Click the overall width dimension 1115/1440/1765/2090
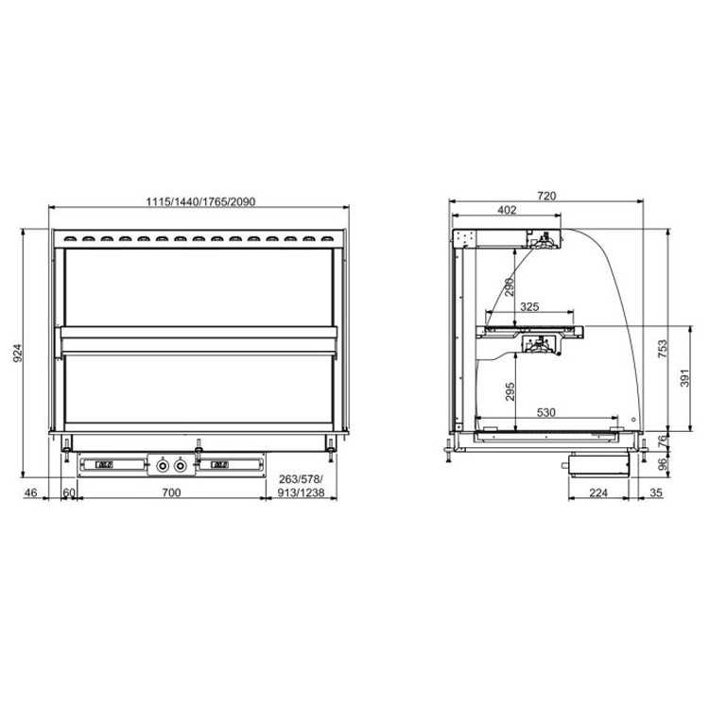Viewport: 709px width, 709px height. pos(200,201)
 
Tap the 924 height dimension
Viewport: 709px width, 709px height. pos(18,354)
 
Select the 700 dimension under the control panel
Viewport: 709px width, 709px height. pos(171,492)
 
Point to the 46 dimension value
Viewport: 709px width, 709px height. pos(30,492)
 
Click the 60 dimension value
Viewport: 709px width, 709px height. pos(69,492)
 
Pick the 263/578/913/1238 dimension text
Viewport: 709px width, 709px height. pos(302,486)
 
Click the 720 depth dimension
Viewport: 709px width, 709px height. pos(546,196)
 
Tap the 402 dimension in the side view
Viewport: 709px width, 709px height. pos(507,210)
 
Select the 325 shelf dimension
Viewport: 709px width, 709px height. pos(529,306)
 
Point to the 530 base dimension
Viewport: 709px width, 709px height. pos(545,412)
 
